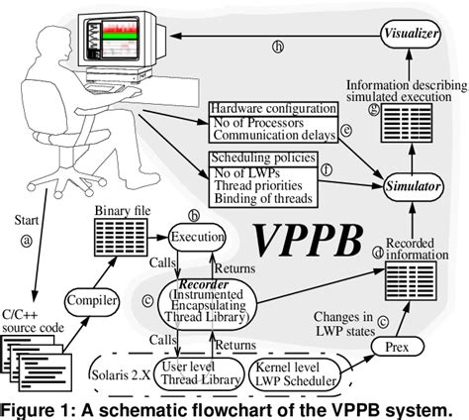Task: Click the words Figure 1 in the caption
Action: click(38, 409)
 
